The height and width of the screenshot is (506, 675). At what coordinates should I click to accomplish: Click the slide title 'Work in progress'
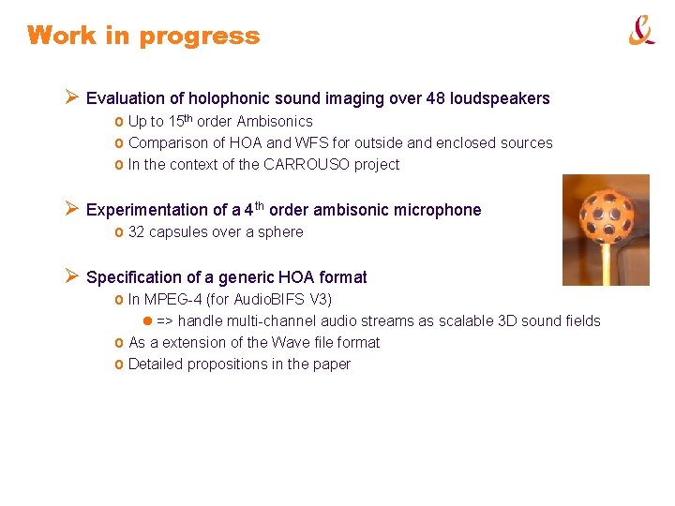pyautogui.click(x=143, y=37)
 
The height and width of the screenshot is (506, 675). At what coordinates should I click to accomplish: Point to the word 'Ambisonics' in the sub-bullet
pyautogui.click(x=275, y=121)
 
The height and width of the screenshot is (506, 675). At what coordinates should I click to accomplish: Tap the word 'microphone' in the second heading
pyautogui.click(x=441, y=210)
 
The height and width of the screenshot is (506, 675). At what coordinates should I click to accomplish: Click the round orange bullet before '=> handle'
pyautogui.click(x=147, y=320)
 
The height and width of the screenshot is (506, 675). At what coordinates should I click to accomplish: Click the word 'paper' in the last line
pyautogui.click(x=331, y=364)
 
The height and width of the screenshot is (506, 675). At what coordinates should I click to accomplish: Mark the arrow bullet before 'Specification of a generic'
pyautogui.click(x=71, y=276)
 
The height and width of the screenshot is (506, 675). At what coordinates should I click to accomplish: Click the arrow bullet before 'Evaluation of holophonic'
pyautogui.click(x=71, y=97)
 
